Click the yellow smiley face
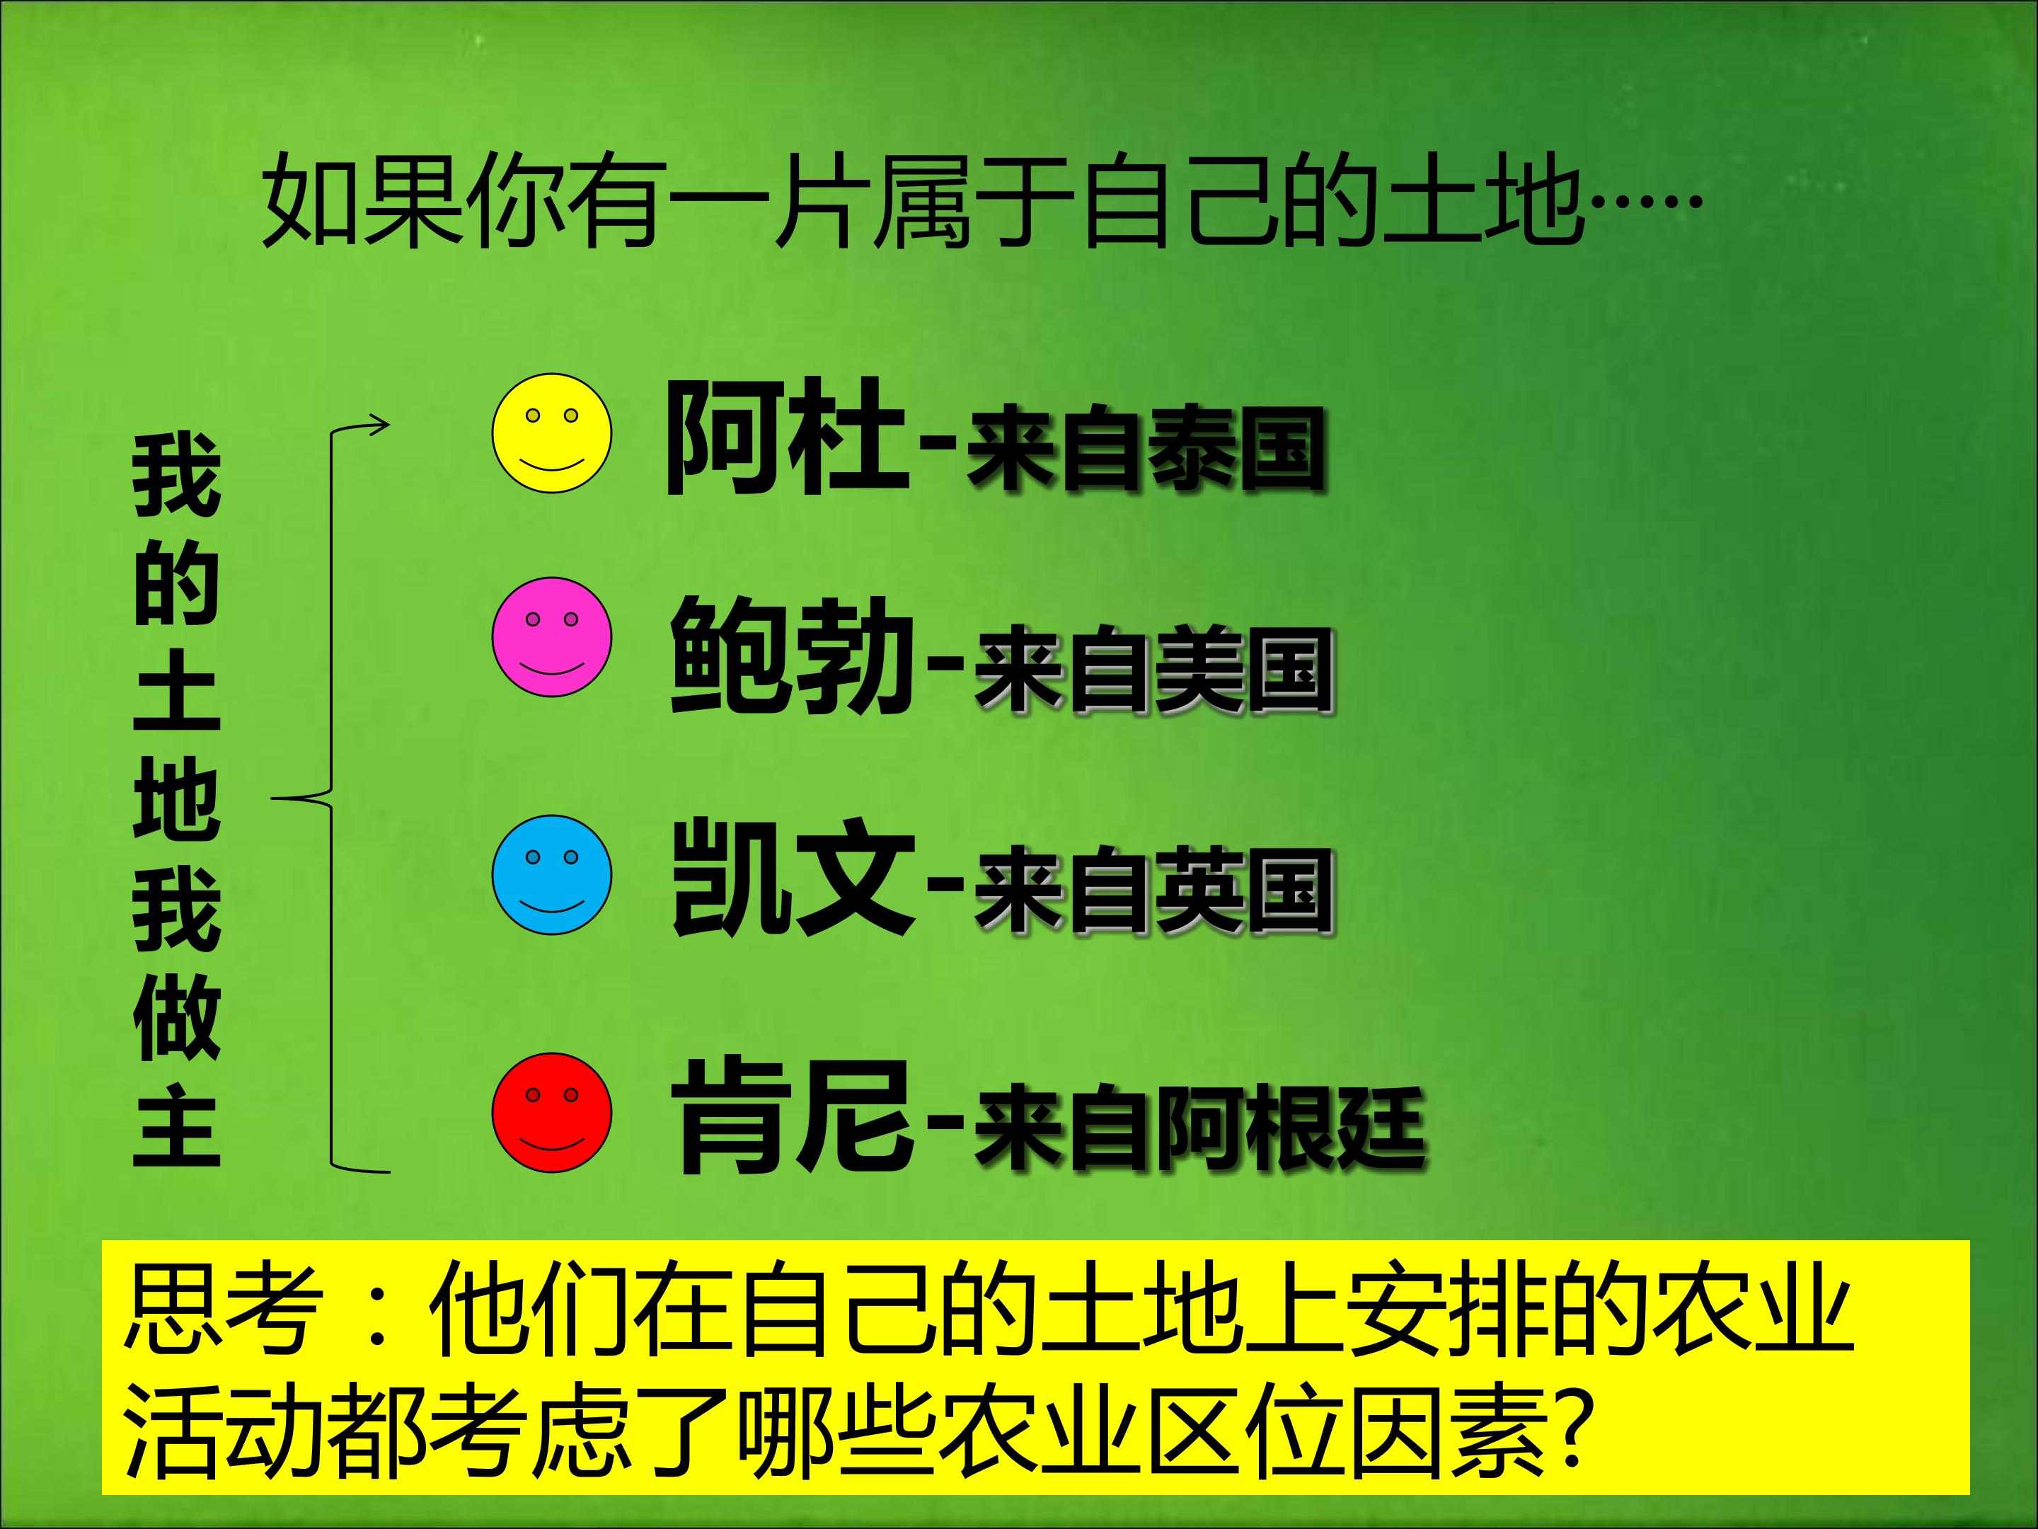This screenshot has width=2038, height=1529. (551, 433)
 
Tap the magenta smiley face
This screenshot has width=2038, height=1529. (551, 637)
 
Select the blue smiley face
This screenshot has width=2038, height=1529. (551, 875)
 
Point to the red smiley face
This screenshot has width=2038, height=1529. (551, 1113)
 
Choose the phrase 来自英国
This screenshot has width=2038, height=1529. (1153, 891)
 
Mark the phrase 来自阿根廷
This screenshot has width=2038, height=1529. (1199, 1129)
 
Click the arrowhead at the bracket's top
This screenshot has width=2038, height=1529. (379, 425)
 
